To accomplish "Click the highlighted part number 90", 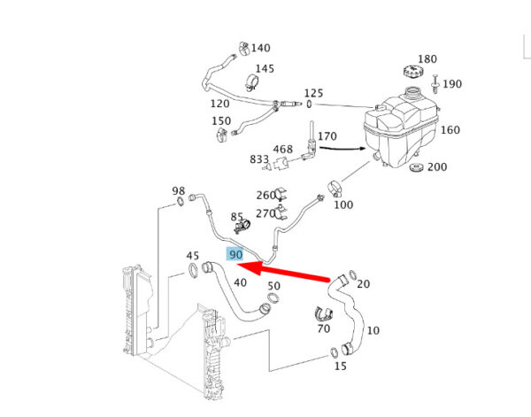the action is click(x=235, y=254).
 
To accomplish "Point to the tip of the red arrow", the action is click(x=236, y=265).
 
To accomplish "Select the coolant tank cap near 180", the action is click(x=414, y=72).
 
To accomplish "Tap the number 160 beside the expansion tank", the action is click(x=450, y=130).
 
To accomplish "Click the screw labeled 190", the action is click(x=435, y=83).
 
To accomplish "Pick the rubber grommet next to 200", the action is click(x=416, y=167).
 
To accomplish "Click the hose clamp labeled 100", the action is click(x=335, y=189).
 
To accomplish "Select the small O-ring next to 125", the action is click(x=309, y=104).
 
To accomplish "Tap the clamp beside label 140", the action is click(x=243, y=49).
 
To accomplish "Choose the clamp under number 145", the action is click(x=252, y=82).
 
